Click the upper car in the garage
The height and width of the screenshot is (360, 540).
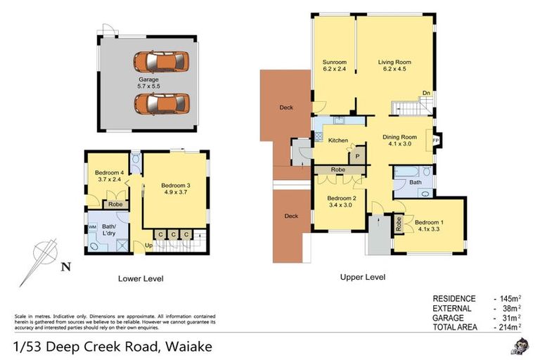(x=160, y=61)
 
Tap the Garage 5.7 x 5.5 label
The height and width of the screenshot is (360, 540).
(x=148, y=83)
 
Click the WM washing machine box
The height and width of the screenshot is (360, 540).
(x=92, y=227)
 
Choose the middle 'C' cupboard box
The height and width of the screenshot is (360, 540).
(x=174, y=234)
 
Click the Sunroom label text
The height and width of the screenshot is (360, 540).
(x=334, y=65)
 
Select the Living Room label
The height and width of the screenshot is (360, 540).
(x=394, y=65)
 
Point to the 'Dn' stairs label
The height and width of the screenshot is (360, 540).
(x=425, y=93)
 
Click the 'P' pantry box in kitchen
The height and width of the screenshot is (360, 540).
(x=357, y=156)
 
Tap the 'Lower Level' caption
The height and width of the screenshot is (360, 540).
(x=141, y=278)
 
